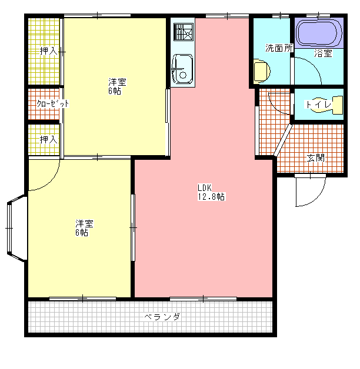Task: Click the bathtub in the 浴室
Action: click(319, 33)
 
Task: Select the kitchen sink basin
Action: click(182, 69)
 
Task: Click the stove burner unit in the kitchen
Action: click(184, 32)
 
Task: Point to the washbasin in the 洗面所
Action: click(261, 71)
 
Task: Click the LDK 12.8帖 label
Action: click(211, 192)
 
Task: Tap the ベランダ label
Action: click(162, 317)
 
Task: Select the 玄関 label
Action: click(316, 158)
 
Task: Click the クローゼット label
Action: click(53, 103)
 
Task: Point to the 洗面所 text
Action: click(279, 48)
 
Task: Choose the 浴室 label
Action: click(324, 53)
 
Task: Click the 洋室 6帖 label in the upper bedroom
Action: click(117, 86)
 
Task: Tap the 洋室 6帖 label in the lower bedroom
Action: click(84, 227)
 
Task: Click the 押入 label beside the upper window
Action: click(49, 51)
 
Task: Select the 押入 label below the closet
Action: click(49, 140)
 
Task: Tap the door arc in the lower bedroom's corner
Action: click(51, 181)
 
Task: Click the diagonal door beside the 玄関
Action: click(283, 140)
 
